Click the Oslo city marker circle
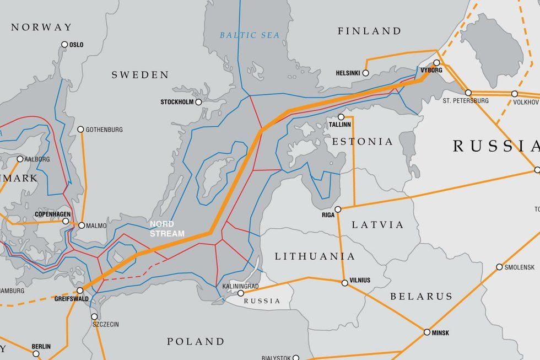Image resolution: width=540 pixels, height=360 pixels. point(64,45)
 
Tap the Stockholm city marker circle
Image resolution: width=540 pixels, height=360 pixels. point(198,102)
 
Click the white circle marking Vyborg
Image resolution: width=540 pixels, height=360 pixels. point(436,63)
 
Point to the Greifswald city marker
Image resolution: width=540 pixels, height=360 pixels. point(80,290)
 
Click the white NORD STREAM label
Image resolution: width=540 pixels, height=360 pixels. point(166,229)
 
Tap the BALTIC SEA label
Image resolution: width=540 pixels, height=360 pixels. point(250,35)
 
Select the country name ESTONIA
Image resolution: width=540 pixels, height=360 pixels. point(363,142)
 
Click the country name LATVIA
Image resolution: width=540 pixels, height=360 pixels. point(377,225)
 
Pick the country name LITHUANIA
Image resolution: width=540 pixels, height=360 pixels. point(315,256)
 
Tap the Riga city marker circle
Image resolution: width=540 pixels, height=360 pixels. point(338,209)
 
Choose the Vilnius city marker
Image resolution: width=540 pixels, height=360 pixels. point(344,283)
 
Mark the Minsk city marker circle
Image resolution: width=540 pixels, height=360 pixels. point(427,332)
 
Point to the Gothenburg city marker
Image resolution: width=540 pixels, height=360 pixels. point(81,130)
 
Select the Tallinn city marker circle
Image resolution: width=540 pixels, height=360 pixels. point(341,117)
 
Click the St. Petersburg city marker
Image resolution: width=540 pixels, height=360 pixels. point(468,93)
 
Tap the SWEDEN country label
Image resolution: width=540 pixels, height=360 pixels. point(140,74)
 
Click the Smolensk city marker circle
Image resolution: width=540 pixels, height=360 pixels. point(500,267)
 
